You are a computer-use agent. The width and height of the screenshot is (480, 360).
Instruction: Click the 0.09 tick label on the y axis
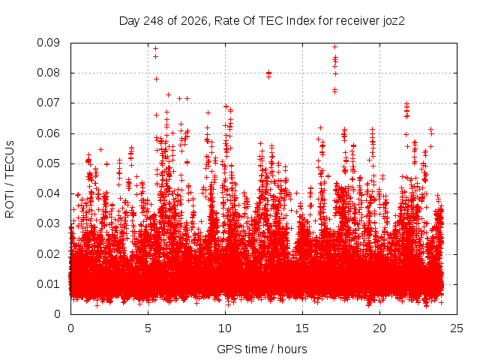tap(48, 43)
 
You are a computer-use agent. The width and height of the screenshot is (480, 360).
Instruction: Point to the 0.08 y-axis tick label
tap(48, 73)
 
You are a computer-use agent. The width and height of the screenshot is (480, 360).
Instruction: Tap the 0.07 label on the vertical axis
tap(48, 103)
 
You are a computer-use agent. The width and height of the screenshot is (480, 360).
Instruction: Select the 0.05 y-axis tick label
tap(48, 163)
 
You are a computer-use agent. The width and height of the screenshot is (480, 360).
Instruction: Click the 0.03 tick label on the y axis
tap(48, 223)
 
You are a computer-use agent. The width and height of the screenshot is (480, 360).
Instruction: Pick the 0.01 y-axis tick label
tap(48, 284)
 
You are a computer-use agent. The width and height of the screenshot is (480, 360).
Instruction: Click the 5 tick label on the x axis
tap(148, 328)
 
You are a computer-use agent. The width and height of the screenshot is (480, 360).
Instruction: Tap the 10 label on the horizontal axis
tap(225, 328)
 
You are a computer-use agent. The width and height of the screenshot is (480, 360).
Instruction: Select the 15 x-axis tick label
tap(302, 328)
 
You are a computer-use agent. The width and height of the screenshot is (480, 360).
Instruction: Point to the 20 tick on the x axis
tap(379, 328)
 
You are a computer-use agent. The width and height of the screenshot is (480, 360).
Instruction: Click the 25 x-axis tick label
tap(457, 328)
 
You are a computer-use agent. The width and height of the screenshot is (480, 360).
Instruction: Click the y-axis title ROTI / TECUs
tap(10, 179)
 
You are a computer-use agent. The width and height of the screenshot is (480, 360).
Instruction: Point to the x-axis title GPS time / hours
tap(262, 349)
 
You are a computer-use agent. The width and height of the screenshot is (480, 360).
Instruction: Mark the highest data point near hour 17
tap(335, 47)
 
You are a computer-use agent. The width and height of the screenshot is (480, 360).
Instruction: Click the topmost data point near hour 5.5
tap(155, 48)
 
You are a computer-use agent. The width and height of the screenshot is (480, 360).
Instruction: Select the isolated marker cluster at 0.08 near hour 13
tap(268, 74)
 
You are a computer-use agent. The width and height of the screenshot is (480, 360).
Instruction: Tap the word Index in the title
tap(301, 21)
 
